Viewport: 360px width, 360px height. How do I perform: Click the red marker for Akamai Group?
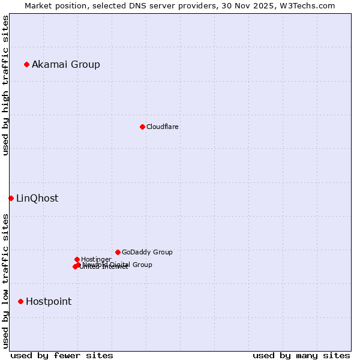click(x=26, y=64)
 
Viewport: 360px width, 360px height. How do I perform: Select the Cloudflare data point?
click(x=142, y=127)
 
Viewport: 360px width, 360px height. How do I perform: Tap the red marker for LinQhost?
click(x=11, y=198)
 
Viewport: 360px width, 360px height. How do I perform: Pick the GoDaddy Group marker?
click(x=118, y=252)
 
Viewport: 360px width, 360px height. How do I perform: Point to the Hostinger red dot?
click(x=77, y=259)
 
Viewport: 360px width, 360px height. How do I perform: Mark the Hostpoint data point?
click(x=20, y=301)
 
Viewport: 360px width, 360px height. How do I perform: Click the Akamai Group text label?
click(x=66, y=64)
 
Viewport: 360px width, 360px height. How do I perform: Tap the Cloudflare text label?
click(x=163, y=127)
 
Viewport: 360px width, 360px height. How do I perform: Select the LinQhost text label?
click(x=37, y=198)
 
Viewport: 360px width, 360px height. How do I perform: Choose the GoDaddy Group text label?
click(x=147, y=252)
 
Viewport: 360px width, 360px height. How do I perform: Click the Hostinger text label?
click(x=96, y=259)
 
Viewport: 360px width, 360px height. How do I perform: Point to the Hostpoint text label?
click(x=49, y=301)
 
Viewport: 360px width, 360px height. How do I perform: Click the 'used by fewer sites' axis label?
click(x=62, y=355)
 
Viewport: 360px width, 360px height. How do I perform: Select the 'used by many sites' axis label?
click(x=301, y=355)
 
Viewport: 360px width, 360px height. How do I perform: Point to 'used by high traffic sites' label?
click(x=5, y=85)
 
